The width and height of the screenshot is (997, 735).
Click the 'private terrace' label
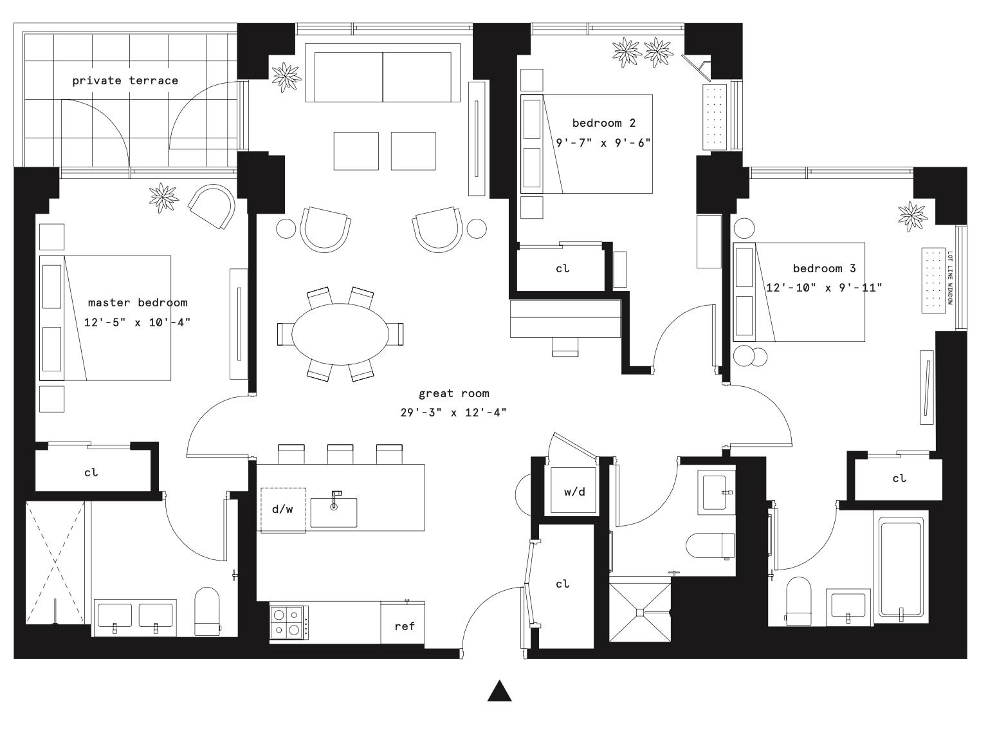pos(125,80)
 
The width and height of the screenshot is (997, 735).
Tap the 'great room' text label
pos(453,393)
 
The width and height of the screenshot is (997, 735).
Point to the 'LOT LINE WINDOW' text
pos(950,278)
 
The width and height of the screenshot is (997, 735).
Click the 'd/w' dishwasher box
pos(282,510)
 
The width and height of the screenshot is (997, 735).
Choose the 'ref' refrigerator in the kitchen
pos(404,625)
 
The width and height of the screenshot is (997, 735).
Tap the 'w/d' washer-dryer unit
pos(574,492)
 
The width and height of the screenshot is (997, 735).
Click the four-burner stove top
pos(288,622)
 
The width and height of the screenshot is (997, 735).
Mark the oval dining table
pos(340,333)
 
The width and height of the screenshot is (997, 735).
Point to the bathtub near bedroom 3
pos(901,566)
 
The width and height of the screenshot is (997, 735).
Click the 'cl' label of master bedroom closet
pos(91,472)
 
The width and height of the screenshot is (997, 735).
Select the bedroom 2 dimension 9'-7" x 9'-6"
pos(603,142)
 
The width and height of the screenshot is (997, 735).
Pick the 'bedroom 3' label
pos(824,268)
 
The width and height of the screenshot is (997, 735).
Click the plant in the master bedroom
pos(163,197)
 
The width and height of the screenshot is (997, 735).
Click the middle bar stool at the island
pos(340,454)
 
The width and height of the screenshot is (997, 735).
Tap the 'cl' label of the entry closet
pos(562,584)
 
